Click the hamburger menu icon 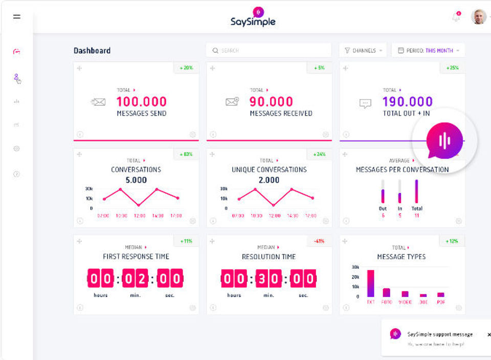17,16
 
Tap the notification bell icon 456,17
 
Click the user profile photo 479,17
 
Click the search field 269,51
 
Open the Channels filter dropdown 363,51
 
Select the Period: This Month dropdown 428,51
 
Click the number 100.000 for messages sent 141,101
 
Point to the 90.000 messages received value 271,101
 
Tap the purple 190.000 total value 407,101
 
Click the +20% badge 186,67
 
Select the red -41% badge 319,241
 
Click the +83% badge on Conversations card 186,154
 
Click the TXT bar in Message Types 371,283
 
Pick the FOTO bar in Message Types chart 387,292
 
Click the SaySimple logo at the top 253,16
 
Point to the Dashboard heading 92,51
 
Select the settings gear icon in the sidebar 16,149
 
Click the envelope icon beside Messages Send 98,102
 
